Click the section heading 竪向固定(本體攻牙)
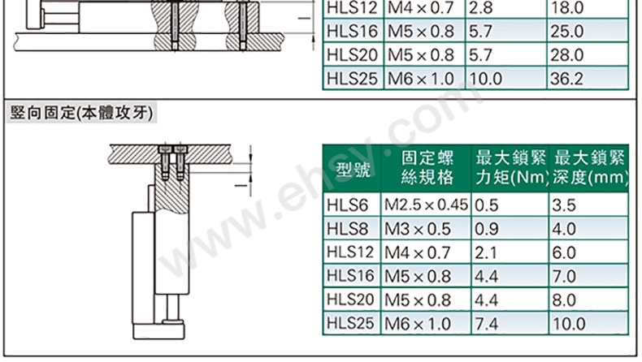pos(81,113)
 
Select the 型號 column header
pos(353,169)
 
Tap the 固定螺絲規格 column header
pos(427,168)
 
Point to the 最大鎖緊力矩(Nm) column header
pos(510,168)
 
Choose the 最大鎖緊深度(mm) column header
pos(589,168)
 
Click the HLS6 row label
pos(347,205)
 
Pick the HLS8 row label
pos(347,229)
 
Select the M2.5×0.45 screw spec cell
pos(426,205)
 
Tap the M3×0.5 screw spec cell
pos(417,229)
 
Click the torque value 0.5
pos(487,205)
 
